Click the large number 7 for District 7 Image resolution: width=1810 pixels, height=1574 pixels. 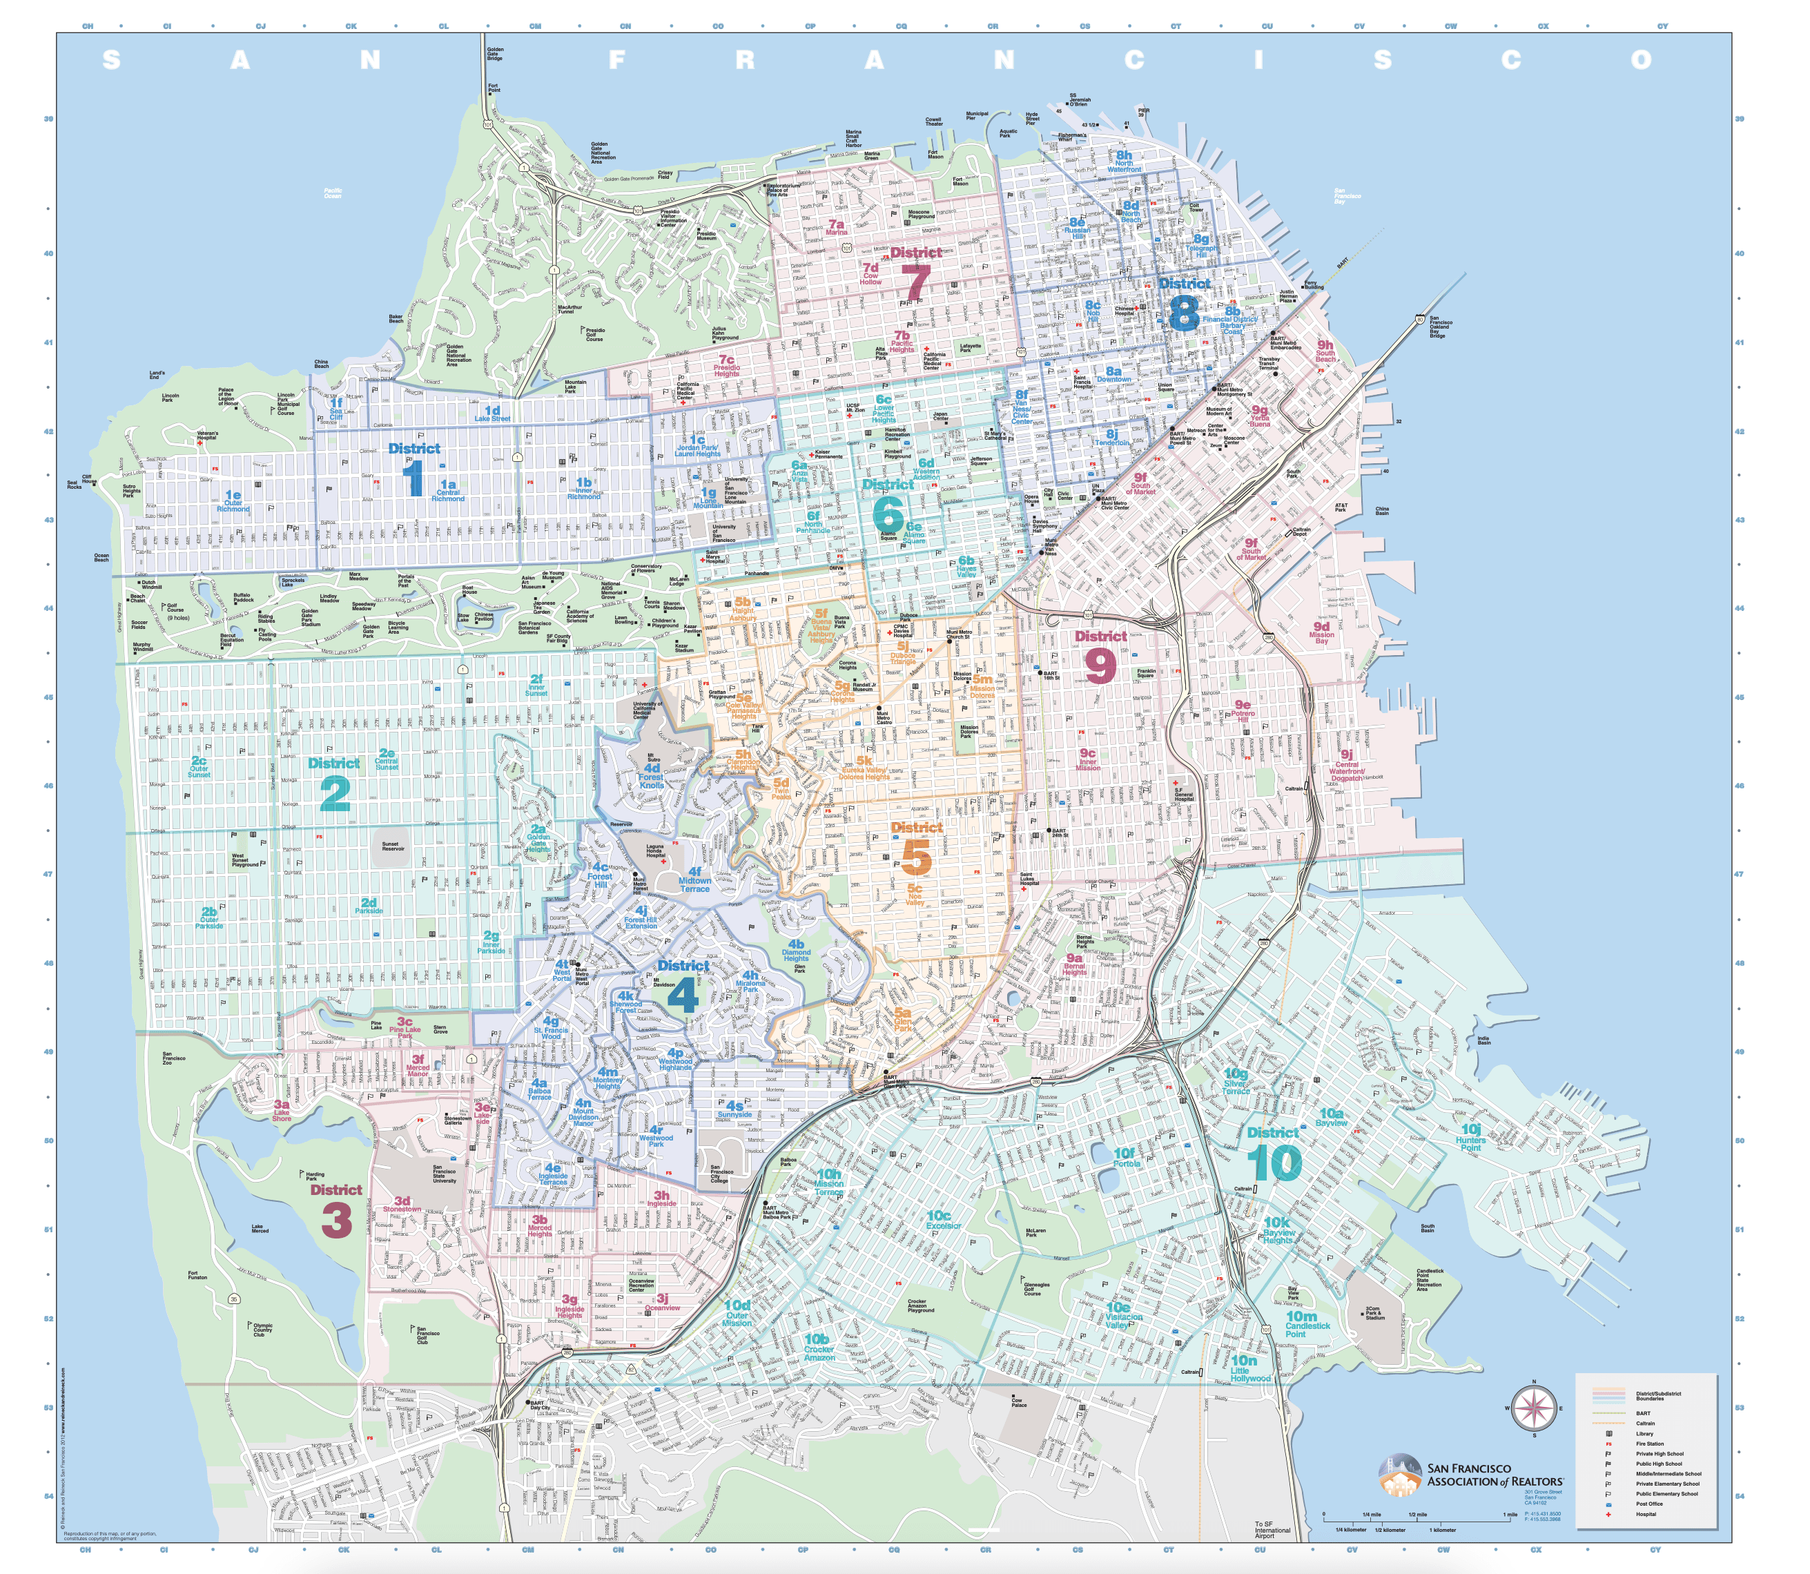[x=915, y=284]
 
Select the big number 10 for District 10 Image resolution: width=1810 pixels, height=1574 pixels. [x=1274, y=1164]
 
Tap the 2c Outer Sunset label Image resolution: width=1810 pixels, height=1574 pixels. [x=200, y=767]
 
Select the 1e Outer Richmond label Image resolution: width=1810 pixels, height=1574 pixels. [x=233, y=501]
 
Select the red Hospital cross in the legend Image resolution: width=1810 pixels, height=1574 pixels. [x=1608, y=1513]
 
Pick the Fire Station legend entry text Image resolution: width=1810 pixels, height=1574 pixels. [x=1649, y=1443]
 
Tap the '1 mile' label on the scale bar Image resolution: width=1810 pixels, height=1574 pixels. [x=1510, y=1514]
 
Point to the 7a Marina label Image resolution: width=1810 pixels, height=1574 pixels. [x=836, y=228]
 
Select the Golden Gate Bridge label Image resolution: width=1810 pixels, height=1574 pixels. [x=494, y=55]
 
